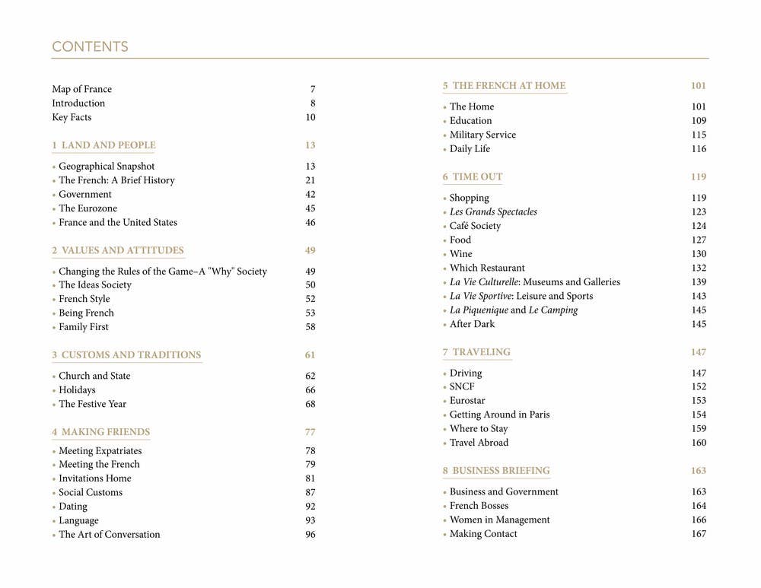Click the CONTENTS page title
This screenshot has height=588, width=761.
(90, 47)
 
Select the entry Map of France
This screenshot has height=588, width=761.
(81, 89)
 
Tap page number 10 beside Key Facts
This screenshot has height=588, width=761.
(310, 117)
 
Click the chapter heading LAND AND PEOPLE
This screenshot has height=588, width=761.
(108, 145)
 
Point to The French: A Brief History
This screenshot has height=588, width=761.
(116, 180)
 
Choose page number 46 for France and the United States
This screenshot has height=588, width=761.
(310, 223)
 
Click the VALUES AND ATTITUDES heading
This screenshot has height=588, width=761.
(123, 250)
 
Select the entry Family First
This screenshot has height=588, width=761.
(84, 327)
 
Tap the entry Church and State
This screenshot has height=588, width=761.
(94, 376)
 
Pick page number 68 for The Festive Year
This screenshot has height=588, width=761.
(310, 404)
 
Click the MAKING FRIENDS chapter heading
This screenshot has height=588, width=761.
(105, 432)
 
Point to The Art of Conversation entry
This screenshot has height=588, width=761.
(110, 535)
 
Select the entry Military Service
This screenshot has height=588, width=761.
(482, 135)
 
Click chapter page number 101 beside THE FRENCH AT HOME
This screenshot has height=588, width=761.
(699, 86)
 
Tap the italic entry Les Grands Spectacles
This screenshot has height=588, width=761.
(493, 212)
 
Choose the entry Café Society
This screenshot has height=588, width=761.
(475, 226)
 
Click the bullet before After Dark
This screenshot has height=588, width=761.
(444, 325)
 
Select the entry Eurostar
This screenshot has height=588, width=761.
(467, 401)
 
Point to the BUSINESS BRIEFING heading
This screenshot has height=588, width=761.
(501, 471)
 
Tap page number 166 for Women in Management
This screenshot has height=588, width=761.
(699, 520)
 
